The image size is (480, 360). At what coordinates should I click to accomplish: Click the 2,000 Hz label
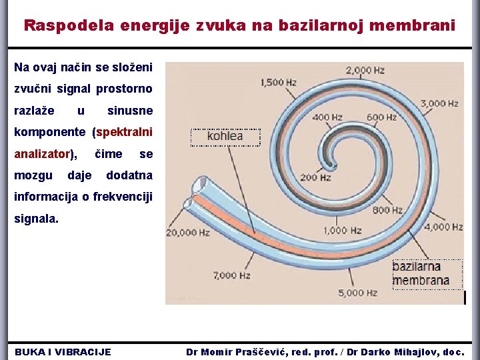365,70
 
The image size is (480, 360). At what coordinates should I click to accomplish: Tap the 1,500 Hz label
279,83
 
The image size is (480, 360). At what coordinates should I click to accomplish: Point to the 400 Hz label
327,117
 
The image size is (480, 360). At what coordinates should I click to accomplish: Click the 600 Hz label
381,117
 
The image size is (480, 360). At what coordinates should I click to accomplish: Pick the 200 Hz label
315,177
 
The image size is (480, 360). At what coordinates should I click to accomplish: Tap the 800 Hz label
387,211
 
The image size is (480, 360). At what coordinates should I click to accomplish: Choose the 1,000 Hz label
343,231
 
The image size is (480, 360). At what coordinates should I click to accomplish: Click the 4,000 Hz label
443,227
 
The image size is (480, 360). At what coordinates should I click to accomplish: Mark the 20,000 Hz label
188,233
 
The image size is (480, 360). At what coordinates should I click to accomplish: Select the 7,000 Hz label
231,275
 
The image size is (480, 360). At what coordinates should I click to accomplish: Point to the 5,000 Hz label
358,293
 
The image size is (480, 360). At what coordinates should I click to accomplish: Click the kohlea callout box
225,137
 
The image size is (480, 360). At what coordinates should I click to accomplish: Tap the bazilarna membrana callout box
421,274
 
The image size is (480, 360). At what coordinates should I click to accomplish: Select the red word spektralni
125,132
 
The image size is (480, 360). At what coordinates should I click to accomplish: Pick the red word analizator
42,154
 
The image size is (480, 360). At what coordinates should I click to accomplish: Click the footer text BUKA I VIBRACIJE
63,351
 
